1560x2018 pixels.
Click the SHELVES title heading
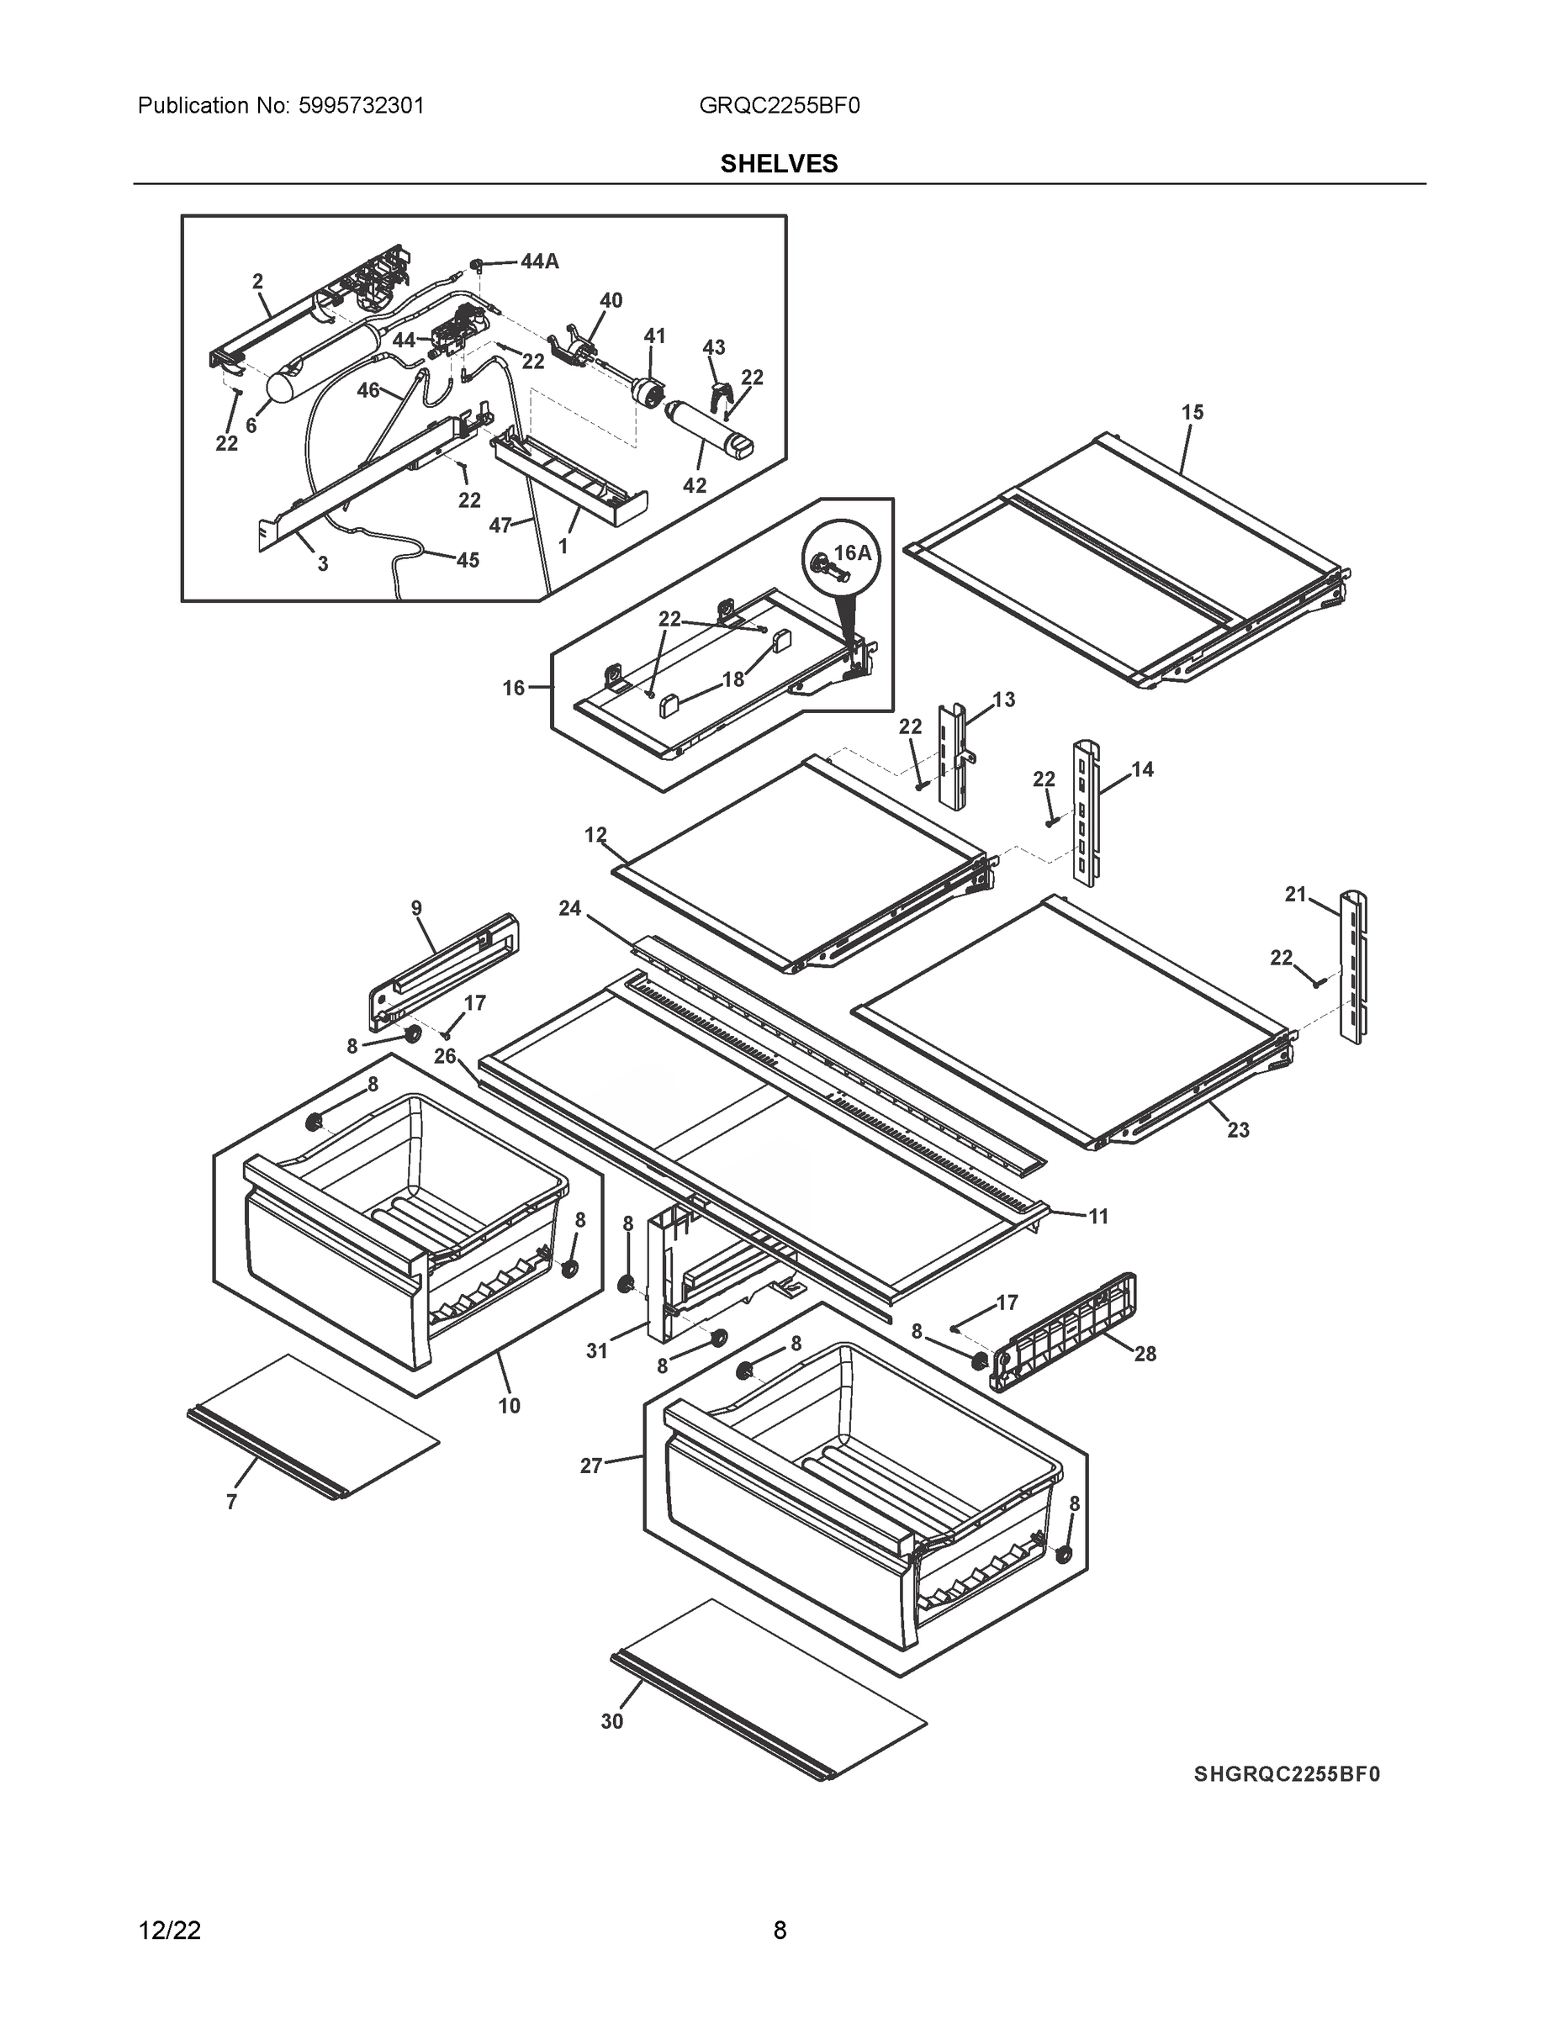[x=778, y=164]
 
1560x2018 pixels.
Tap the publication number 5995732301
[x=362, y=106]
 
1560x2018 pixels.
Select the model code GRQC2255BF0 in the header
[x=779, y=106]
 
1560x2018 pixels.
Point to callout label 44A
[x=539, y=261]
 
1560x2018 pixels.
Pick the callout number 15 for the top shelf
[x=1192, y=412]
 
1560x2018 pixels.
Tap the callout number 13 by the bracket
[x=1003, y=700]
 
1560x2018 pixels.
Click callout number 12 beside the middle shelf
[x=595, y=834]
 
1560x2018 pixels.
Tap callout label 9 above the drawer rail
[x=417, y=908]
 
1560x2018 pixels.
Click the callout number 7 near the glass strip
[x=231, y=1502]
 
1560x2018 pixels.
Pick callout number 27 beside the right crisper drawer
[x=591, y=1465]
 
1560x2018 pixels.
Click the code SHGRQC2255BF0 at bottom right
[x=1287, y=1774]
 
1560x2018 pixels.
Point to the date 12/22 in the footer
[x=169, y=1931]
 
